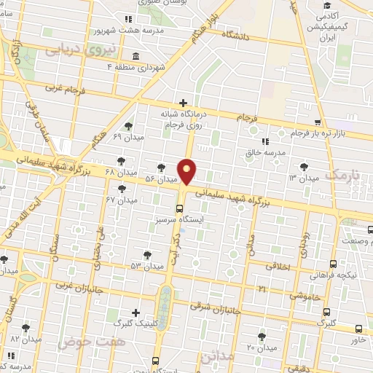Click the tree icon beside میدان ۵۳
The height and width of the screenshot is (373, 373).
pos(148,255)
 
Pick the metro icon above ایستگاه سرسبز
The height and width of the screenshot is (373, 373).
pos(179,208)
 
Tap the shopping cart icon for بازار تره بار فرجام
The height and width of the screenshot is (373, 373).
pos(317,122)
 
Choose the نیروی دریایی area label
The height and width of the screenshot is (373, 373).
pos(72,51)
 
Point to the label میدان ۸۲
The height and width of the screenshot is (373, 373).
pos(25,339)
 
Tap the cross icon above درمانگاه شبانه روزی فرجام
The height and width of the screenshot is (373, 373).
pos(183,103)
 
